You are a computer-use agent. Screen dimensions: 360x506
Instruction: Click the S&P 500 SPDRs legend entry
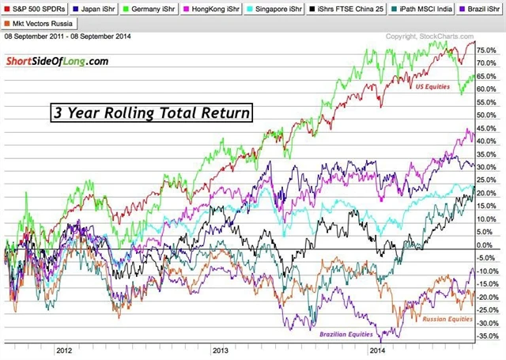35,9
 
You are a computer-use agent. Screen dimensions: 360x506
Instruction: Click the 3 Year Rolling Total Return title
152,112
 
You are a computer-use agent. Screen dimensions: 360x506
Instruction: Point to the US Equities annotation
433,85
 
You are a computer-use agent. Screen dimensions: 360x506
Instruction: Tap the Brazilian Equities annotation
349,335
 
